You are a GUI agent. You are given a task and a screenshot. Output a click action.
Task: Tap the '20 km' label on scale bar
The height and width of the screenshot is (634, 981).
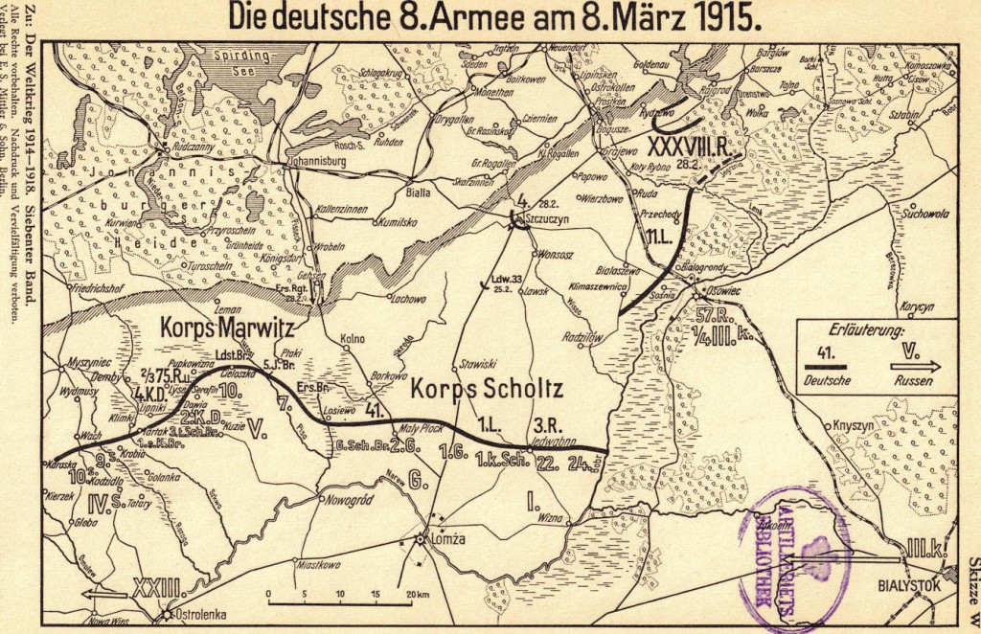tap(418, 595)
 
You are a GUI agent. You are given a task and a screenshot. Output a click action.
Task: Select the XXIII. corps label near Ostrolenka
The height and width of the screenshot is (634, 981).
tap(152, 582)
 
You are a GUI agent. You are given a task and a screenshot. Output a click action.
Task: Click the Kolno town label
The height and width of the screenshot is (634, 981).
tap(354, 339)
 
